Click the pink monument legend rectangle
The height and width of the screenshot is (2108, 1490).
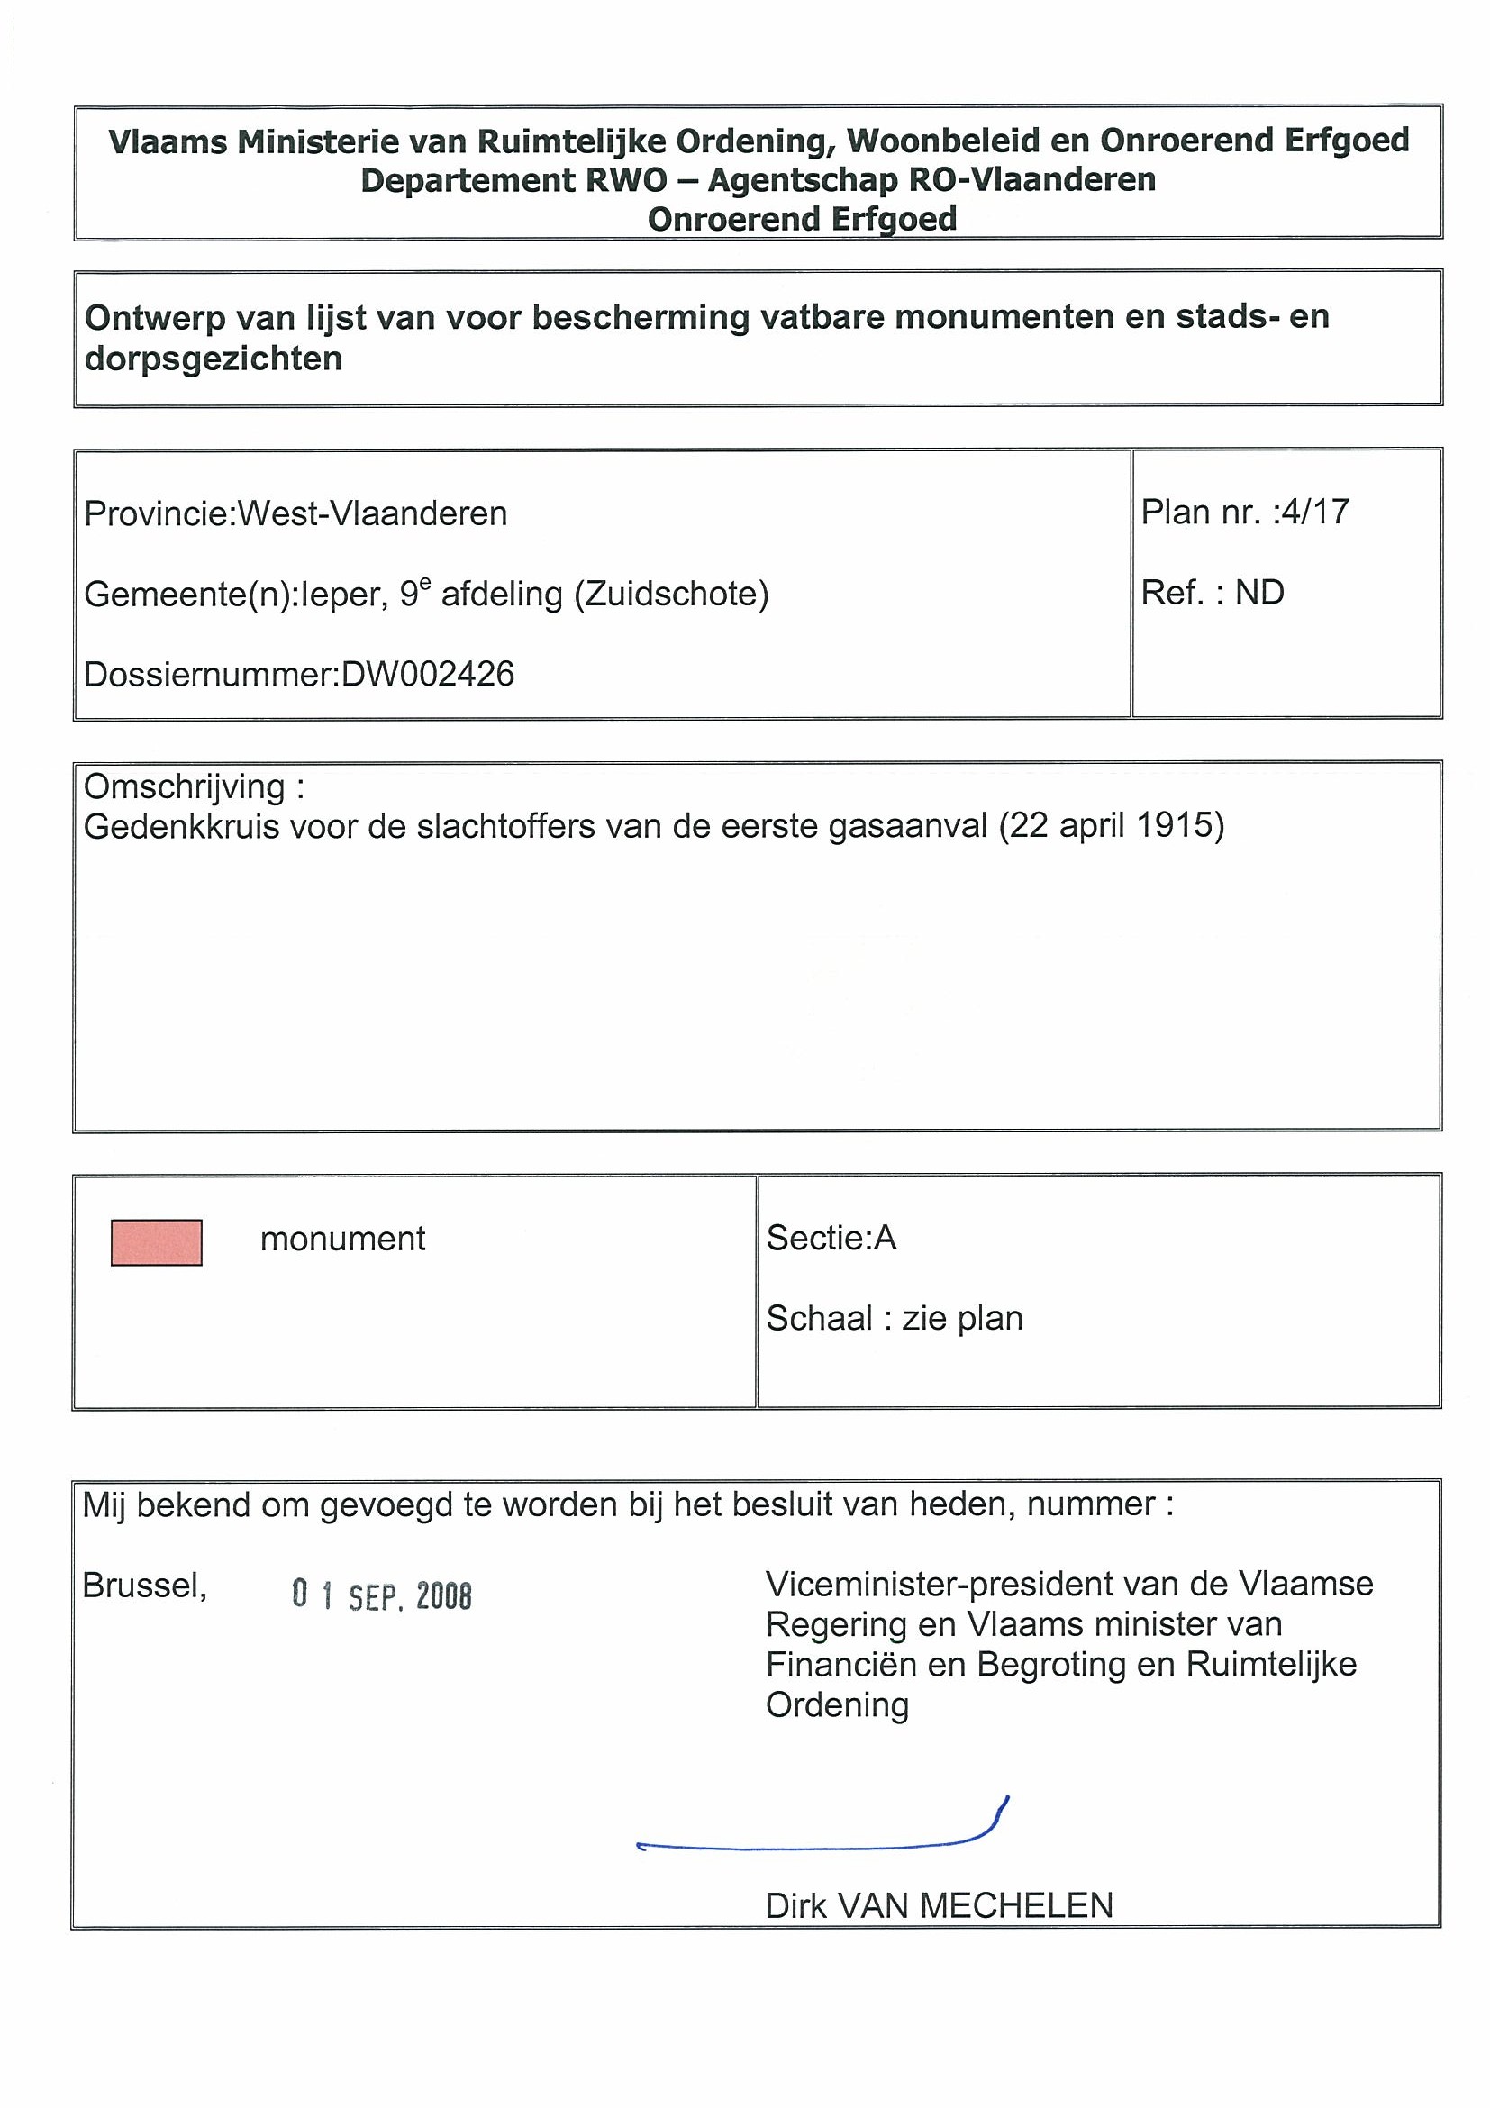click(156, 1242)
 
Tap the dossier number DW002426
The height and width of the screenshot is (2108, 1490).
click(427, 675)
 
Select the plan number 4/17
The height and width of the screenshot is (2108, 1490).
click(1314, 512)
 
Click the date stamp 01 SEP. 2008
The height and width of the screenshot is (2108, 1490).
click(381, 1596)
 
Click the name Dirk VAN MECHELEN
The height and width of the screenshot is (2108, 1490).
click(939, 1907)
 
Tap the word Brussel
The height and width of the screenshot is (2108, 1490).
click(144, 1586)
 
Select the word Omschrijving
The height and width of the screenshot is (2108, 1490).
click(185, 786)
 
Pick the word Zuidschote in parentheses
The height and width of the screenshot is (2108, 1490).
click(671, 594)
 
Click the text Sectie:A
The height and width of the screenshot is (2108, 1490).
click(831, 1239)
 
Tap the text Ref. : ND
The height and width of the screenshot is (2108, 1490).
click(1212, 593)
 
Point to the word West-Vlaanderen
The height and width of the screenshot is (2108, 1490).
click(372, 513)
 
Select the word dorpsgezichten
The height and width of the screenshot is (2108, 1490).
click(213, 359)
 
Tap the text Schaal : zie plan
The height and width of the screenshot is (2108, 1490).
click(895, 1319)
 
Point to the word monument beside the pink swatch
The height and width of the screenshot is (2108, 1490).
click(342, 1240)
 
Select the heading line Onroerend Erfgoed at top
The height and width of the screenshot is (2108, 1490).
click(803, 220)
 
